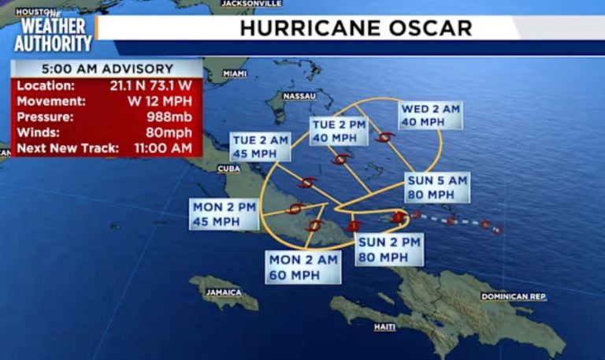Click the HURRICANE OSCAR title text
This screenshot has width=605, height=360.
click(355, 28)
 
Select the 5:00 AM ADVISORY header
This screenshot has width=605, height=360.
click(106, 68)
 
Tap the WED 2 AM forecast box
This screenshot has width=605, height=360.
click(429, 115)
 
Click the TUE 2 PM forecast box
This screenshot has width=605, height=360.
click(339, 131)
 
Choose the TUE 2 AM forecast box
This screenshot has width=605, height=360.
click(260, 147)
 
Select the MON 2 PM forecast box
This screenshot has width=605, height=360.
click(225, 213)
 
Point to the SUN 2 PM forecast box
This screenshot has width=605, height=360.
click(389, 250)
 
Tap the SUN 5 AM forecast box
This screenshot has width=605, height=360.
click(437, 187)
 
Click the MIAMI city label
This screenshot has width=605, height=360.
click(235, 73)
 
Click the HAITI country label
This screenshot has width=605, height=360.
click(384, 327)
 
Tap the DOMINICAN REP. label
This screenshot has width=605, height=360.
click(514, 296)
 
